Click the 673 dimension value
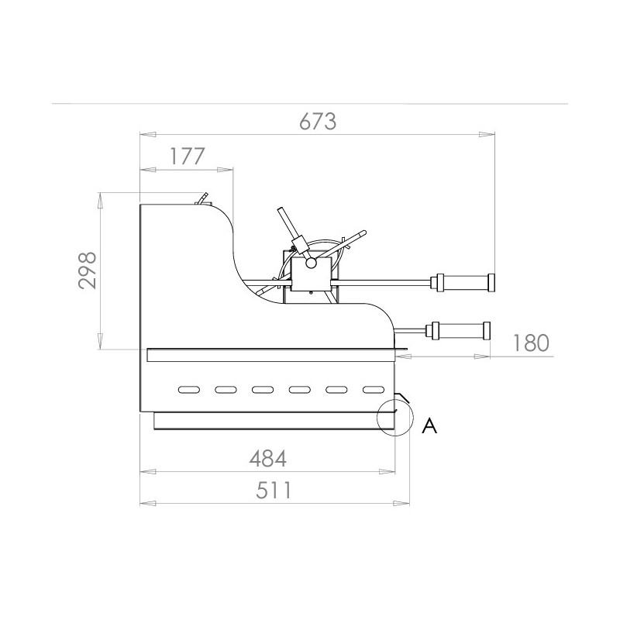coord(318,122)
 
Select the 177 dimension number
coord(188,157)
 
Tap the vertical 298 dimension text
coord(88,270)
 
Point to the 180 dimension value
coord(531,343)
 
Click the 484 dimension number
coord(267,459)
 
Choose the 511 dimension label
coord(274,491)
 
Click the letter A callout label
coord(429,425)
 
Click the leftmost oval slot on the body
coord(189,390)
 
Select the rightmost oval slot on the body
coord(374,390)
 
